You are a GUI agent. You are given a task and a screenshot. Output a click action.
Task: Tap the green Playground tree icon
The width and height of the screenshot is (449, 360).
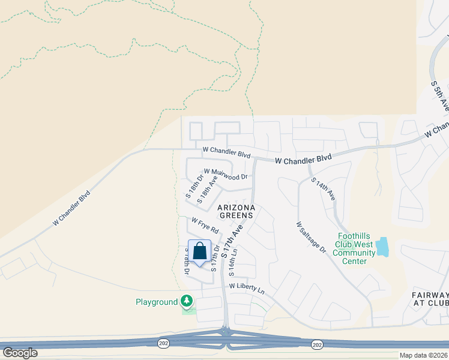coord(187,301)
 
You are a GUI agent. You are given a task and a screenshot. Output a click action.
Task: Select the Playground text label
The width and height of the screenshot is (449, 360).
coord(157,302)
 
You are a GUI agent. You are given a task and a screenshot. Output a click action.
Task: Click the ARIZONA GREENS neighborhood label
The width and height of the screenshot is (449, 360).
coord(237,212)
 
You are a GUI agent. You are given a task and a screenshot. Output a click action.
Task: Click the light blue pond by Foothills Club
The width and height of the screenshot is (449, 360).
coord(382,247)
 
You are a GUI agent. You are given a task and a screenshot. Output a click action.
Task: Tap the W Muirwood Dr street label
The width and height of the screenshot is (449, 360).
coord(226,174)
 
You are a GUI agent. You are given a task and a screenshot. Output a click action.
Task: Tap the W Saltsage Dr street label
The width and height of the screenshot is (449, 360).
coord(310,237)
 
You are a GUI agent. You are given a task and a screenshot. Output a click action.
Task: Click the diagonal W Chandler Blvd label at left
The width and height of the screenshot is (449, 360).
coord(71,208)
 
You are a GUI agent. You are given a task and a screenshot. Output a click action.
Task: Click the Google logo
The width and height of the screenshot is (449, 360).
coord(20,353)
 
